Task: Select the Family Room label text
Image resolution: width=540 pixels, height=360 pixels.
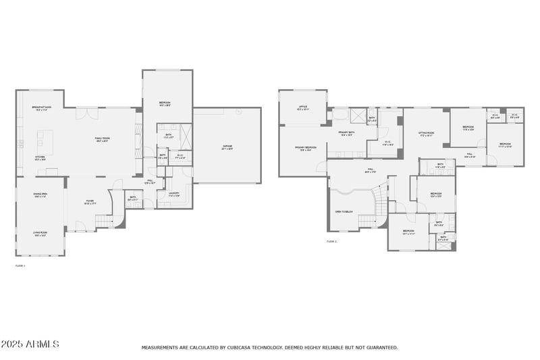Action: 101,139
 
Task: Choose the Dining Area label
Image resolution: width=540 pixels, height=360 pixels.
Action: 40,195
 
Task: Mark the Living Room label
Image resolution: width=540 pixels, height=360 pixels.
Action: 40,233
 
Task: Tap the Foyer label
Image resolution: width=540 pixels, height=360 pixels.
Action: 89,201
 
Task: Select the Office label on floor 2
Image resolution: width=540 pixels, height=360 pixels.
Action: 304,107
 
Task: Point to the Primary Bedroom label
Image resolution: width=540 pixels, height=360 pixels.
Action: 305,148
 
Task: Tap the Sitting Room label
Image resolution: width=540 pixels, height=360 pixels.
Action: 425,134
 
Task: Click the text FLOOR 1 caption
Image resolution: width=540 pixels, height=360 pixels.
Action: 20,265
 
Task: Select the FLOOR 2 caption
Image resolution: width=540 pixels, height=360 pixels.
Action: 331,241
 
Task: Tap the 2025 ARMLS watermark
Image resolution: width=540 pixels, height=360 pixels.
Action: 30,344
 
